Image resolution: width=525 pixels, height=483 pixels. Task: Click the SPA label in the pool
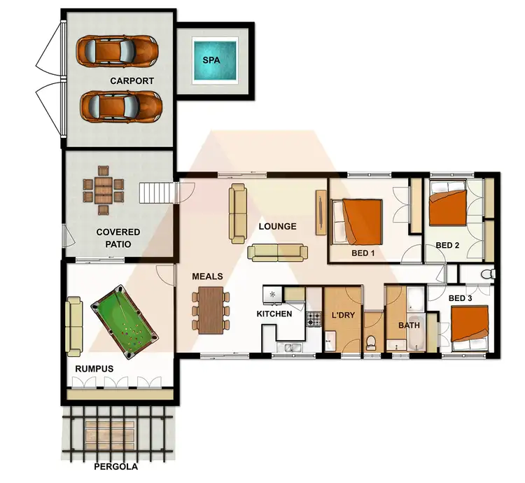pyautogui.click(x=211, y=60)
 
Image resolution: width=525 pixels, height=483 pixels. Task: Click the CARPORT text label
pyautogui.click(x=132, y=80)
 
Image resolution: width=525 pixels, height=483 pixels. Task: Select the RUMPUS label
pyautogui.click(x=94, y=368)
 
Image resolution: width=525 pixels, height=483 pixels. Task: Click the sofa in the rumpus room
pyautogui.click(x=74, y=325)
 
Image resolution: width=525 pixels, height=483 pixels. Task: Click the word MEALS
pyautogui.click(x=207, y=276)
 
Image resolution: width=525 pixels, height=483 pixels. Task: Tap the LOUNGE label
pyautogui.click(x=277, y=226)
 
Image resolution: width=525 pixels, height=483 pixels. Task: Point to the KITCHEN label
pyautogui.click(x=274, y=314)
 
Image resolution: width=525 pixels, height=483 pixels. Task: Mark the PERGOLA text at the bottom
pyautogui.click(x=116, y=466)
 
